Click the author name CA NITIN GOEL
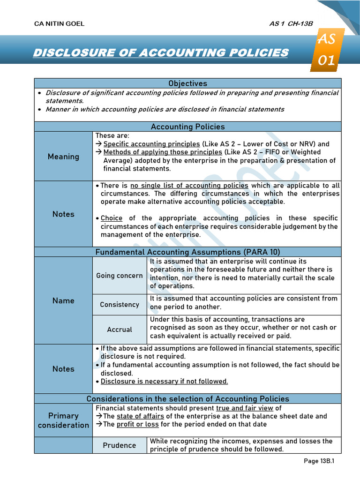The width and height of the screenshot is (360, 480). pos(60,24)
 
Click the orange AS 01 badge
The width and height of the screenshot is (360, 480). pos(327,49)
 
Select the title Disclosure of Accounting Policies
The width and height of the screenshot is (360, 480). pos(160,52)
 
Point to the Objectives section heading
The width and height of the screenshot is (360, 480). pos(187,83)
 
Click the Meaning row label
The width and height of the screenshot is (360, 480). pos(63,157)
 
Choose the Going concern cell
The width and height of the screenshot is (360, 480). pos(120,276)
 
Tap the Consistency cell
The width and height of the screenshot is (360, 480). pos(120,305)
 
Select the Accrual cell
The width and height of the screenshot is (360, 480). pos(120,330)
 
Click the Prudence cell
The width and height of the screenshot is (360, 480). pos(120,445)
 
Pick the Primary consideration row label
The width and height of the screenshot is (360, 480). pos(63,420)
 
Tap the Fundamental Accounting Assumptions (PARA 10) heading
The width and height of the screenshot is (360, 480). pos(187,252)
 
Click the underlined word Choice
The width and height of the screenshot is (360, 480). pos(112,218)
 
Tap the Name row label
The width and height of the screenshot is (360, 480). pos(63,300)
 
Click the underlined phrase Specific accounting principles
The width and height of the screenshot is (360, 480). pos(151,144)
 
